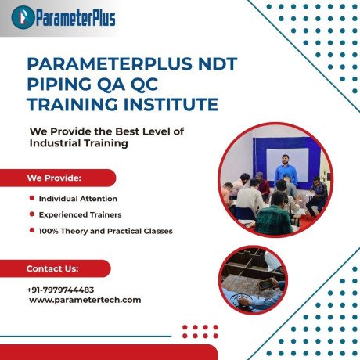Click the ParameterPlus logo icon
pos(25,15)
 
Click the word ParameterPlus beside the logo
pos(74,15)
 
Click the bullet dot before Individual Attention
pos(31,200)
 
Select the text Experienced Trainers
pos(80,214)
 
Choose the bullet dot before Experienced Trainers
pos(31,214)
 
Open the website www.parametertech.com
pos(85,300)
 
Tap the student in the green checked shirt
pos(275,218)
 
